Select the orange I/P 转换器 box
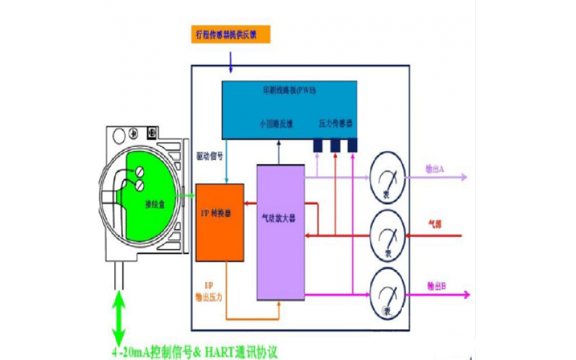(220, 222)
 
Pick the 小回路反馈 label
(276, 123)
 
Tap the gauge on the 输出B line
(387, 294)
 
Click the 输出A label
(433, 168)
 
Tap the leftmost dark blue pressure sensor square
(317, 145)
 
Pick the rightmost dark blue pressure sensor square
(353, 145)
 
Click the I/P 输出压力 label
(210, 290)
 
